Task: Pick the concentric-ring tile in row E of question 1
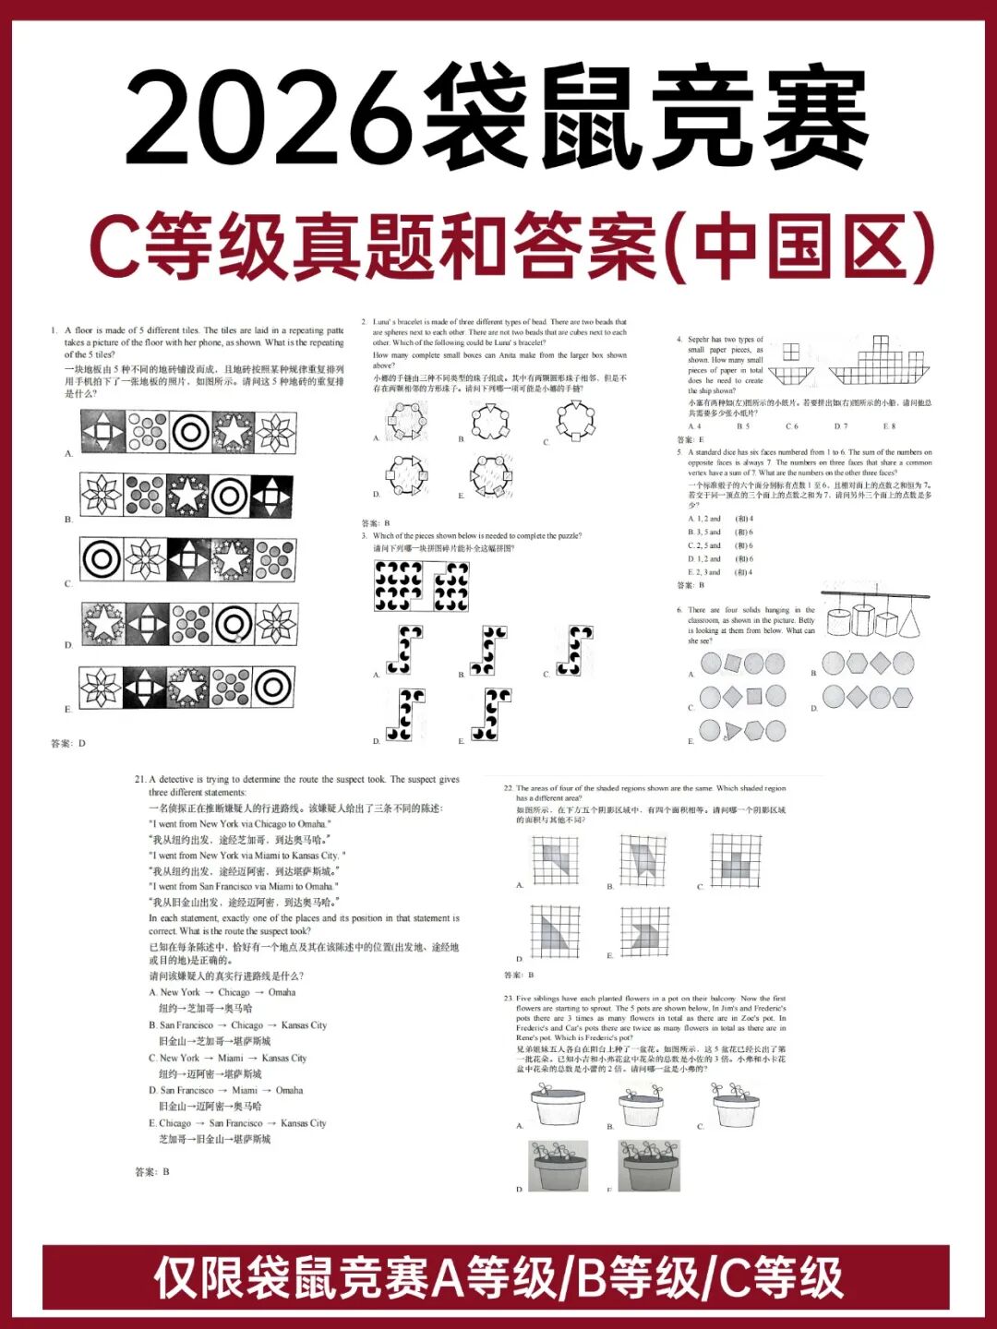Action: coord(273,687)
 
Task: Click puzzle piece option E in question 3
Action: coord(491,713)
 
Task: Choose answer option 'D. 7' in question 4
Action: coord(841,426)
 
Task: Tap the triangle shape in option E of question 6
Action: coord(732,732)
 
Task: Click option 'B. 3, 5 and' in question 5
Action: coord(704,533)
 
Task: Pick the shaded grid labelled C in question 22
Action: coord(736,861)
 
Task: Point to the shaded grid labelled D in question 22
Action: coord(555,930)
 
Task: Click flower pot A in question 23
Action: coord(557,1102)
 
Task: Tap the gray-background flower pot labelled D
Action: coord(557,1166)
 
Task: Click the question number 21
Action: coord(140,780)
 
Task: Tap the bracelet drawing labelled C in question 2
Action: coord(575,420)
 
